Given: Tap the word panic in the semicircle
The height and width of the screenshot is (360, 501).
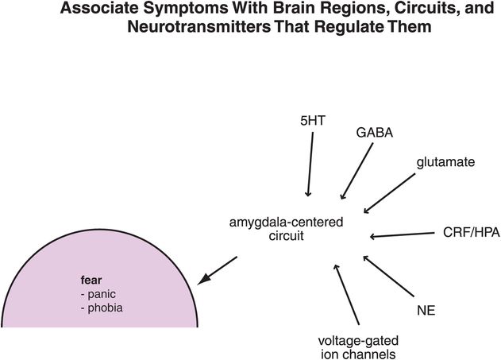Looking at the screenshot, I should (x=102, y=293).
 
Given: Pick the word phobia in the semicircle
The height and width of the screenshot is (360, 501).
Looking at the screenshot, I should (x=106, y=307).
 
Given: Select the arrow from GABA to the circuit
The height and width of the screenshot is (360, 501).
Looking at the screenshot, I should (x=356, y=172).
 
